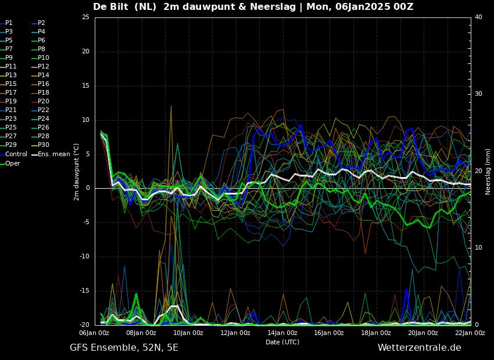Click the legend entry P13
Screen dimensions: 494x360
point(9,75)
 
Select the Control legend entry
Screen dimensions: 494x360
point(13,154)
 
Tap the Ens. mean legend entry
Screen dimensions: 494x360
point(51,154)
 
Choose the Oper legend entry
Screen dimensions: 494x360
point(10,163)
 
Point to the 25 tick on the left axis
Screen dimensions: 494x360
point(85,17)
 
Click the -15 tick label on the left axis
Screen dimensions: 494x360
point(84,290)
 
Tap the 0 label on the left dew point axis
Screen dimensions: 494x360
point(88,188)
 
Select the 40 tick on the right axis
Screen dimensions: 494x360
point(478,17)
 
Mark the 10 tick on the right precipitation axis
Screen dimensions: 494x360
point(478,247)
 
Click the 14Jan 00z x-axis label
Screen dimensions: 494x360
point(282,333)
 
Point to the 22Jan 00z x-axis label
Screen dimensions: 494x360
point(470,333)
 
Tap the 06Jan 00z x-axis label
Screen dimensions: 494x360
point(95,333)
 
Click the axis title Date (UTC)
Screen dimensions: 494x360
point(282,342)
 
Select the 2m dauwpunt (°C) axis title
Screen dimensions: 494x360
point(77,172)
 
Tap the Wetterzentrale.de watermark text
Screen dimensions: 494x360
point(420,348)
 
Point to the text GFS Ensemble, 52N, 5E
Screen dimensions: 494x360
point(124,348)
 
